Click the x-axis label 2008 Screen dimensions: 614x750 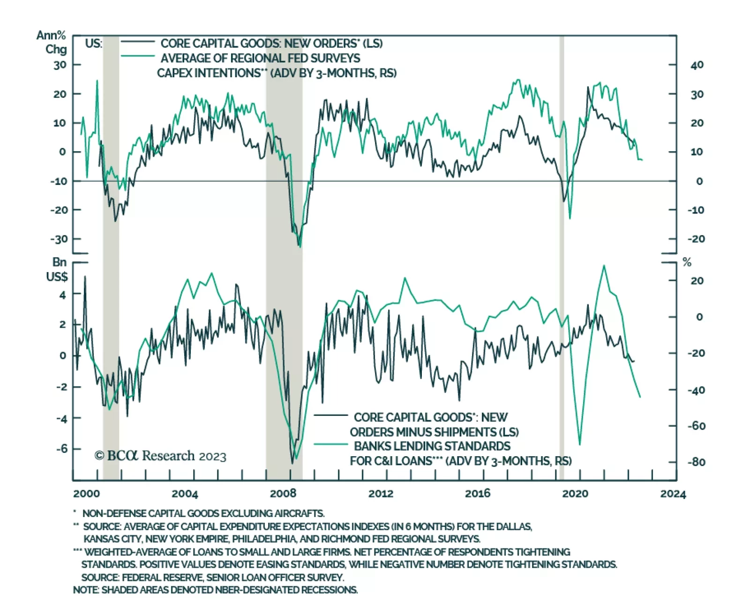(x=283, y=493)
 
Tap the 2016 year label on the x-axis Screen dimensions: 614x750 (x=478, y=493)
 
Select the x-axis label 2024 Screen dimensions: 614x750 (x=673, y=494)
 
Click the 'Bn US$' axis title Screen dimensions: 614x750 (x=58, y=270)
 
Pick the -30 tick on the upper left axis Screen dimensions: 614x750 (x=59, y=239)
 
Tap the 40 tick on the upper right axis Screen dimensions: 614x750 (x=697, y=65)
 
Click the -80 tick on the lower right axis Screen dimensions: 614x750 (x=696, y=462)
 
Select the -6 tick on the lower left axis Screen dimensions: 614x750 (x=61, y=449)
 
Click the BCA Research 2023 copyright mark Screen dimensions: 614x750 (x=160, y=456)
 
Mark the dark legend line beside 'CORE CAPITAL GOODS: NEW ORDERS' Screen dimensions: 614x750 (x=137, y=42)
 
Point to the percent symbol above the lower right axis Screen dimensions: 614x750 (x=687, y=263)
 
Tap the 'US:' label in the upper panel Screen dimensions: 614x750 (x=94, y=44)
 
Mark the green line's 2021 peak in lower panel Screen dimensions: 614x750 (x=604, y=266)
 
